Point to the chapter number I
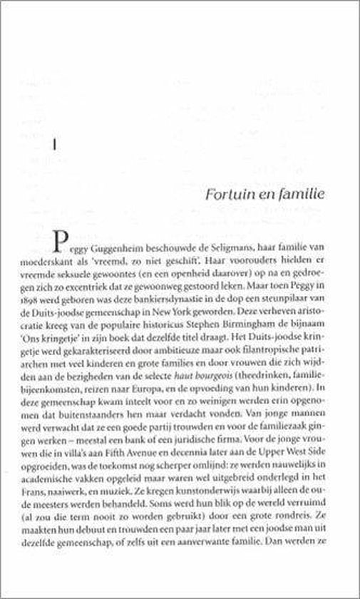(55, 145)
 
